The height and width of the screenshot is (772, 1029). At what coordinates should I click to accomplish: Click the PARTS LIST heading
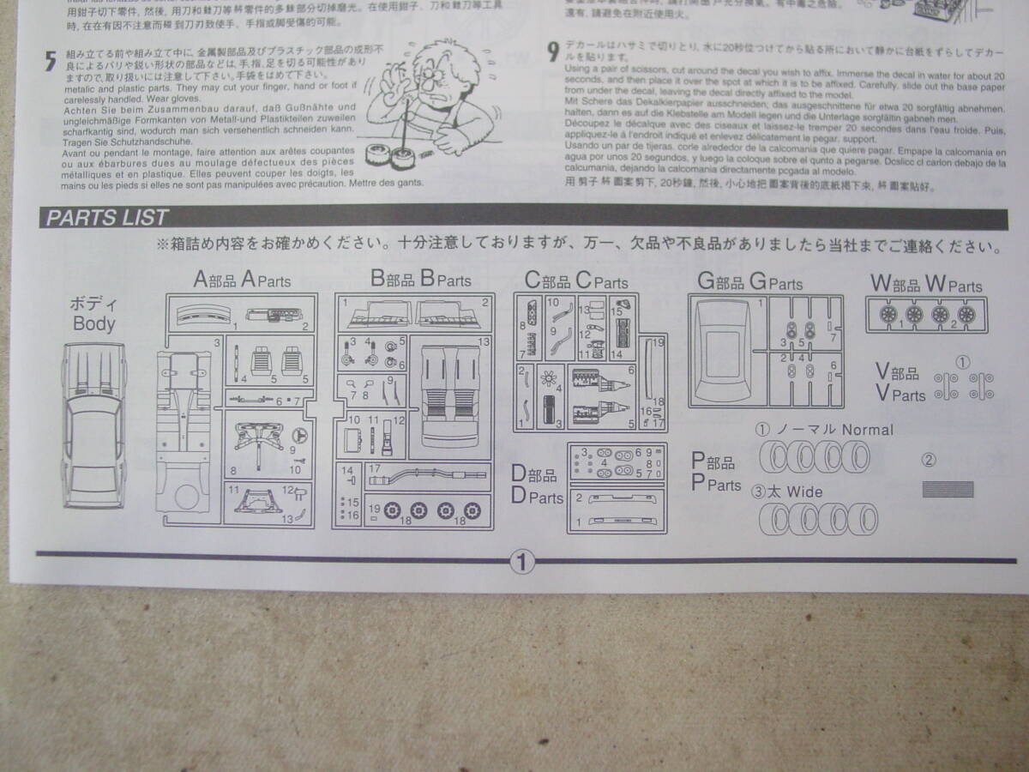coord(107,218)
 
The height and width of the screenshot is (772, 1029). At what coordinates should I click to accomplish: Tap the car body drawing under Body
coord(93,425)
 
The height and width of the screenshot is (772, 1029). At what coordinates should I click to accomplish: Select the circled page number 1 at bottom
coord(521,562)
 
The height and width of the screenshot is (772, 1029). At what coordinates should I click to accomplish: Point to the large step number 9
coord(554,51)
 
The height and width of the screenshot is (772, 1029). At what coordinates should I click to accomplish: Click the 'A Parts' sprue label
coord(243,280)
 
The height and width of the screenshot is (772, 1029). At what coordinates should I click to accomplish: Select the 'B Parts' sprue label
coord(421,279)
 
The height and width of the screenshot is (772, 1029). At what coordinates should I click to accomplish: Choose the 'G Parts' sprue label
coord(750,282)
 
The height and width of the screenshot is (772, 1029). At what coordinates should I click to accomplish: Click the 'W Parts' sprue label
coord(926,284)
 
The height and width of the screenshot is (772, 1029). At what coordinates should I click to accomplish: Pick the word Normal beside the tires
coord(867,430)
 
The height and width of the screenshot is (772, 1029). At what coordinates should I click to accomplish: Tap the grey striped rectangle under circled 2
coord(948,490)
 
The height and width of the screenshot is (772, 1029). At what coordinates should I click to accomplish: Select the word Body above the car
coord(93,323)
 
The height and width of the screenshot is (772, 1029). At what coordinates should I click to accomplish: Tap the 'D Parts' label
coord(538,487)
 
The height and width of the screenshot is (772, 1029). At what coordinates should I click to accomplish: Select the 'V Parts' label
coord(900,384)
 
